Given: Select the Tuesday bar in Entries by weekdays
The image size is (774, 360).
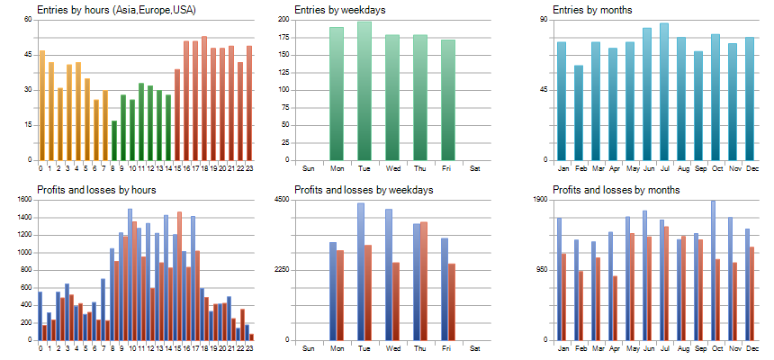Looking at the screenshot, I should pos(364,90).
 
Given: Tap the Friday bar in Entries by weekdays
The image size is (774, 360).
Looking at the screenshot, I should pos(447,99).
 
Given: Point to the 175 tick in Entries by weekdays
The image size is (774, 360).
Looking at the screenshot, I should pos(283,37).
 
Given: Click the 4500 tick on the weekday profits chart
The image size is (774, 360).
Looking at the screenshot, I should pos(282,200).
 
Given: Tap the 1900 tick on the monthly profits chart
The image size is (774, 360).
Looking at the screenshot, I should pos(540,200).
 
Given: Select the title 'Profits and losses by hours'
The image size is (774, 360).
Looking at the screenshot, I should pos(96,190).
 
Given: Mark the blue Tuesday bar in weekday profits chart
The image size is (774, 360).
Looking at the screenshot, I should pos(361,271).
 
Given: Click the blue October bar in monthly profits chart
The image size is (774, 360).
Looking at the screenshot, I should pos(713,270).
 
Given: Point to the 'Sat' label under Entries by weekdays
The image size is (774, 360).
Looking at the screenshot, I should pos(475,167).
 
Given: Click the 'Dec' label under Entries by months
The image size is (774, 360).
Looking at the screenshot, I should pos(749,167).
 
